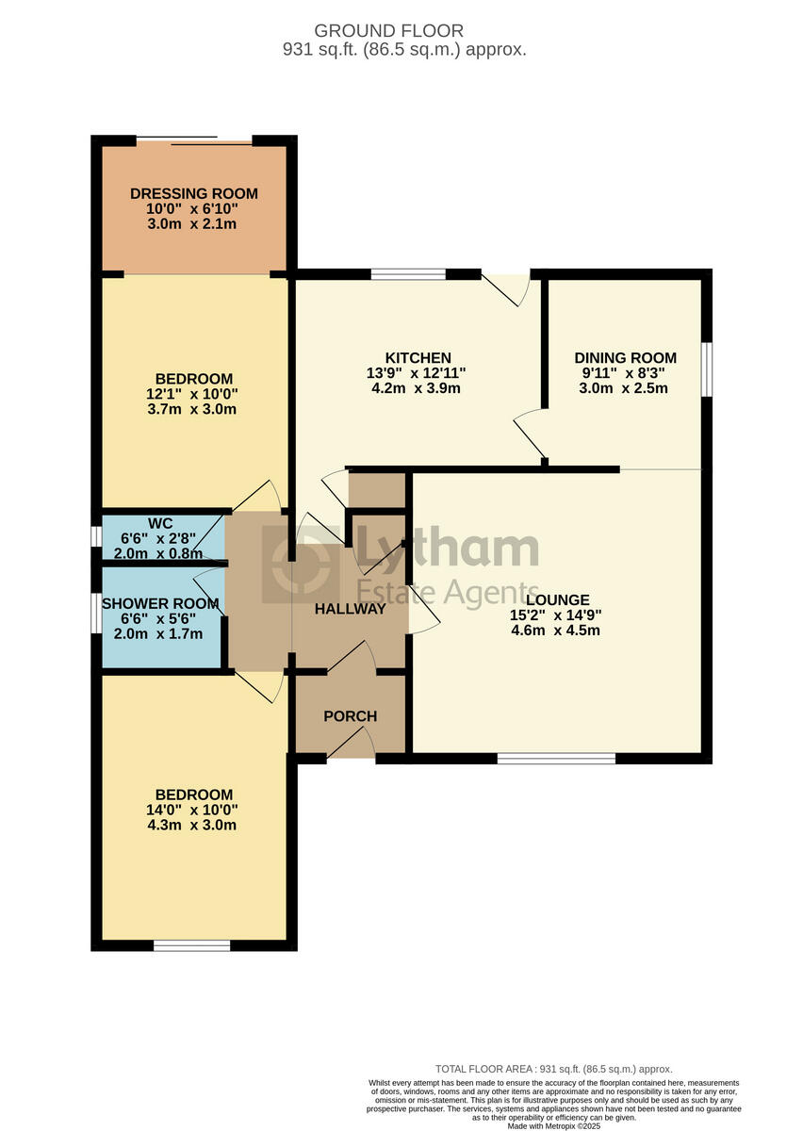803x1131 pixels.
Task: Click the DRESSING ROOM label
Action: click(193, 194)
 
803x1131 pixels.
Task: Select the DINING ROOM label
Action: click(625, 358)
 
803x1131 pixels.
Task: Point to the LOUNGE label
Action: click(558, 599)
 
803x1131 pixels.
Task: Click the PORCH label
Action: click(350, 716)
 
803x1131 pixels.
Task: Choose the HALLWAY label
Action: click(350, 609)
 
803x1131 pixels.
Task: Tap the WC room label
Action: click(160, 524)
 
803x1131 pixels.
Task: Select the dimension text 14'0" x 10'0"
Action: click(194, 810)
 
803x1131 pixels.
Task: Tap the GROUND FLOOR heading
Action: click(401, 31)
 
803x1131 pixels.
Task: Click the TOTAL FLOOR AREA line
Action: click(553, 1069)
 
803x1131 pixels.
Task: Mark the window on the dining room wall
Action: click(706, 365)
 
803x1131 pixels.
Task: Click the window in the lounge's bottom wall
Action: click(556, 758)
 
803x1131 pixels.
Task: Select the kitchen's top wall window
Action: click(408, 274)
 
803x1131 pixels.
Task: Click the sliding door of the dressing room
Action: click(194, 141)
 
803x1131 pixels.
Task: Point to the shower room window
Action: click(96, 616)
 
